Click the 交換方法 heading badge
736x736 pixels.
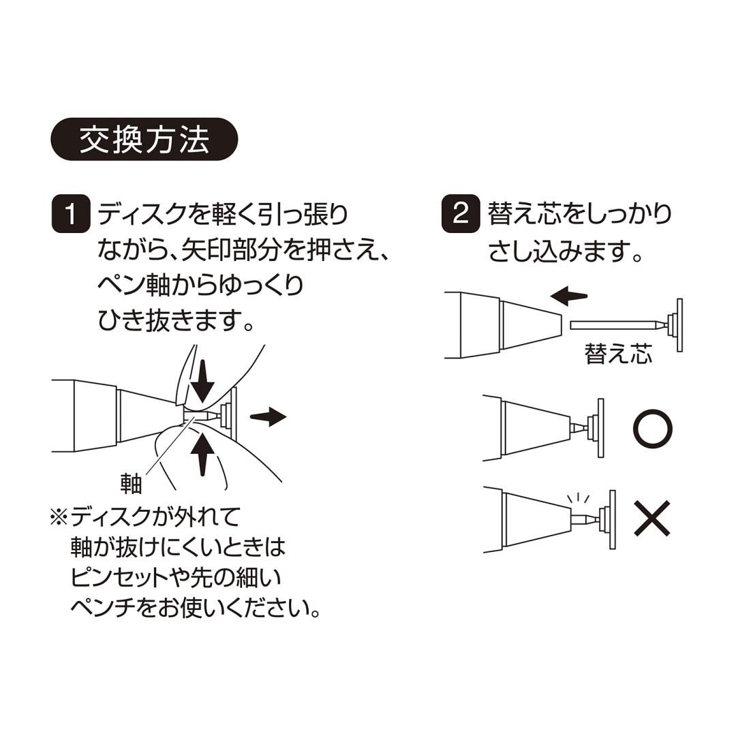[x=144, y=140]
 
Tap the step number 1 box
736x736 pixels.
[x=70, y=214]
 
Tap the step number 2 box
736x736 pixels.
[x=460, y=214]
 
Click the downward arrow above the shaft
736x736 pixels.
[x=202, y=384]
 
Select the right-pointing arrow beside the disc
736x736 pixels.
[x=268, y=416]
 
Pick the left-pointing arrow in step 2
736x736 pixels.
[x=569, y=296]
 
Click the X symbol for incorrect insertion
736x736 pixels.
[x=652, y=519]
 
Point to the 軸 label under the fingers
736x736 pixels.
[x=131, y=483]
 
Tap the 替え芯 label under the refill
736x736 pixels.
[x=617, y=354]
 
